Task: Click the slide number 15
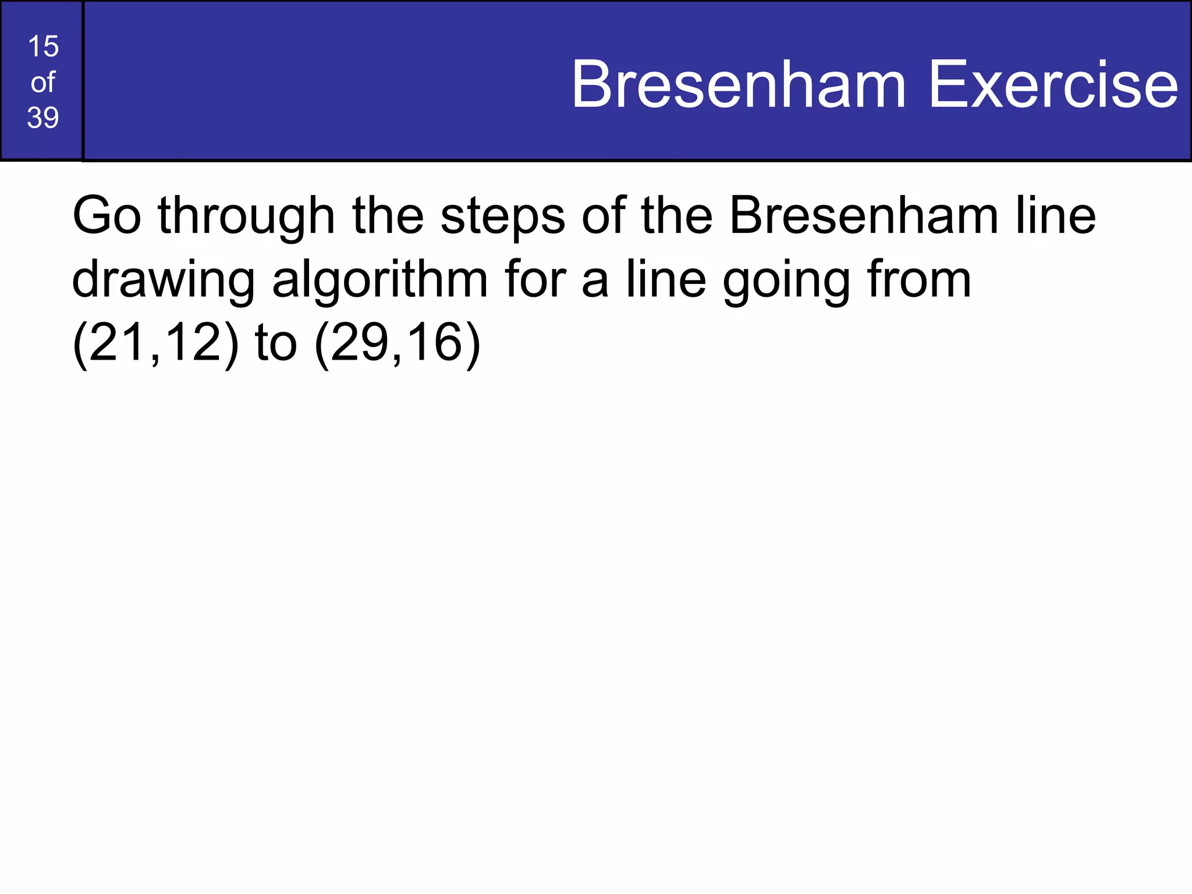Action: pyautogui.click(x=43, y=47)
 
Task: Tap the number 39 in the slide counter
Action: pyautogui.click(x=43, y=118)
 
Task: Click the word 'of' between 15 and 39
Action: pyautogui.click(x=43, y=83)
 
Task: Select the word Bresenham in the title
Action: pyautogui.click(x=739, y=85)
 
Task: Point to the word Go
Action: pyautogui.click(x=107, y=216)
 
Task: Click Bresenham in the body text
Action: pyautogui.click(x=864, y=216)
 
